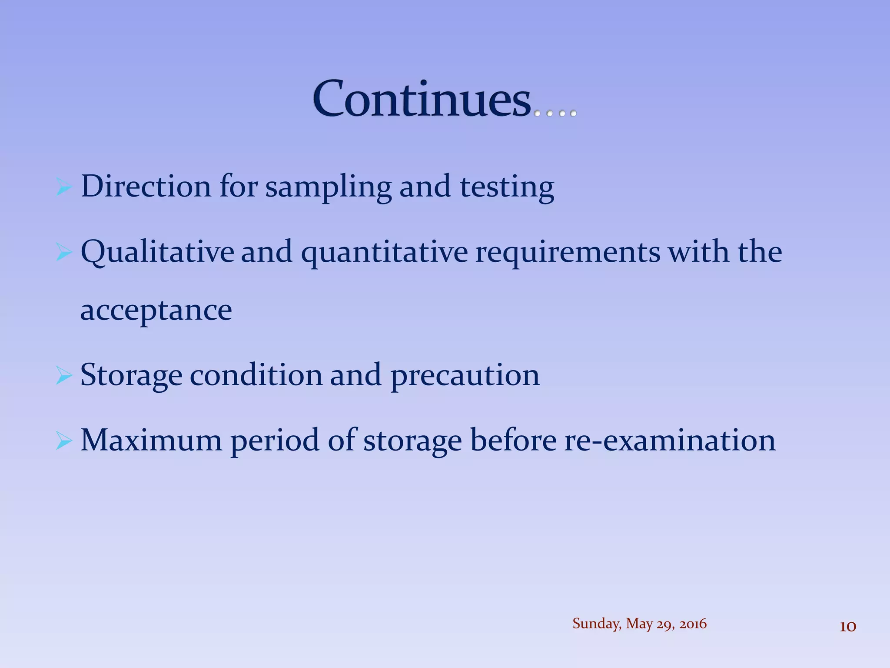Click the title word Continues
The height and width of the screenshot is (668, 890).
(422, 99)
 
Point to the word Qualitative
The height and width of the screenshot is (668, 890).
(157, 252)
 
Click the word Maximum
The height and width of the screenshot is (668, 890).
(152, 440)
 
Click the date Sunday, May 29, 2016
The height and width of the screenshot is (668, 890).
(639, 624)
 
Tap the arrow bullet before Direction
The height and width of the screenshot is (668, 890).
(63, 188)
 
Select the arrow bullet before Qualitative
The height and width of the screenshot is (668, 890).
(63, 253)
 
